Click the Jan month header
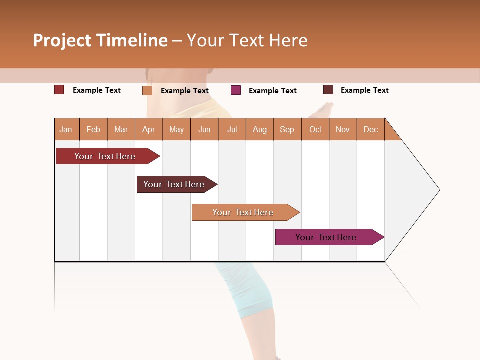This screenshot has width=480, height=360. coord(66,129)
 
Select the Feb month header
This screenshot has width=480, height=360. coord(93,129)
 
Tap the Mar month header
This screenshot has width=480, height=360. coord(121,129)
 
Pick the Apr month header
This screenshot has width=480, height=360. coord(149,129)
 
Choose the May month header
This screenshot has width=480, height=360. coord(176,129)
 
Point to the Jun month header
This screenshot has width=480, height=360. coord(204,129)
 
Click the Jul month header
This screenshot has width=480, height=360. coord(232,129)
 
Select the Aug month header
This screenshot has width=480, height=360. coord(260,129)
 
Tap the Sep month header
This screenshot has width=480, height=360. coord(287,129)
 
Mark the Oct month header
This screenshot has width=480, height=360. coord(315,129)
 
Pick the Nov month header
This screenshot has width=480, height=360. coord(343,129)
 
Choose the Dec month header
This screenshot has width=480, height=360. coord(371,129)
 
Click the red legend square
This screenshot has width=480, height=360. coord(59,90)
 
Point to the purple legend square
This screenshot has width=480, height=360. coord(236,90)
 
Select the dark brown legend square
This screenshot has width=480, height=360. coord(328,90)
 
